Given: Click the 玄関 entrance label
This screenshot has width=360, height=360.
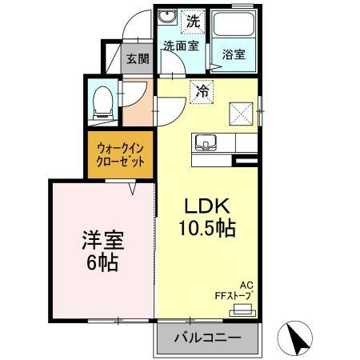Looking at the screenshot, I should tap(137, 58).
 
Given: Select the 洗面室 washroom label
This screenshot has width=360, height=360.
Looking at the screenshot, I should tap(180, 46).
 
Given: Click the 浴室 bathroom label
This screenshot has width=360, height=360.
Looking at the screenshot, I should tap(234, 55).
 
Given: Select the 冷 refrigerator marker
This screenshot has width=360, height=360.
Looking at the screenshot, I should tap(202, 90).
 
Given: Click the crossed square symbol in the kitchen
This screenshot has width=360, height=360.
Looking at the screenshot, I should tap(239, 113).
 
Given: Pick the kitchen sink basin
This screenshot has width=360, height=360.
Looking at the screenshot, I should tap(206, 142).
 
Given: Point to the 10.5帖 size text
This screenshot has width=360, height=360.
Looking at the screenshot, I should tap(206, 228).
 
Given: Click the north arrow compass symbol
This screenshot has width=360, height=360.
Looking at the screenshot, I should tap(298, 339).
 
